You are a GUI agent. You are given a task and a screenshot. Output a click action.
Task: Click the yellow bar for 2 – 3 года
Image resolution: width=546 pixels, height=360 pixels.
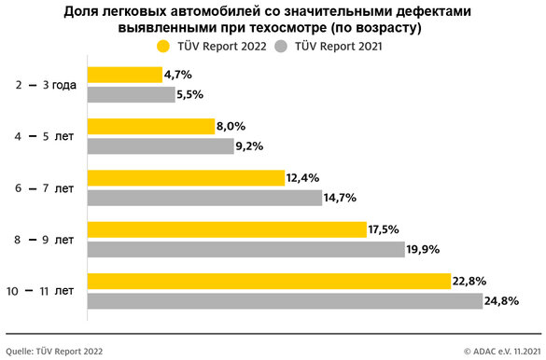pos(124,75)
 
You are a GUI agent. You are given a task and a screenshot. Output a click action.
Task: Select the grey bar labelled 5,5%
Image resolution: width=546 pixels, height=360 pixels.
pos(131,94)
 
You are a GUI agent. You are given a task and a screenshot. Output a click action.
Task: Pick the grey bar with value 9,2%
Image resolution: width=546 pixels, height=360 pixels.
pos(160,146)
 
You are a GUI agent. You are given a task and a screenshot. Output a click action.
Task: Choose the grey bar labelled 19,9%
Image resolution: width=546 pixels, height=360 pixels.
pos(245,249)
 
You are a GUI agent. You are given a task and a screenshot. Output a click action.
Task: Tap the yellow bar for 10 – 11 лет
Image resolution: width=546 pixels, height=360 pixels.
pos(269,281)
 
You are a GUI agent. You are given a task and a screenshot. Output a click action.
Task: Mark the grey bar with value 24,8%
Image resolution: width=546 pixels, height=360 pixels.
pos(285,300)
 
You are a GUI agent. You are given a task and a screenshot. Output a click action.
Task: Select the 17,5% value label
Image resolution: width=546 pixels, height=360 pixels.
pos(387,229)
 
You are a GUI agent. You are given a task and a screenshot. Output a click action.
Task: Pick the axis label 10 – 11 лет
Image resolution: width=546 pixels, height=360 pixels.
pos(43,291)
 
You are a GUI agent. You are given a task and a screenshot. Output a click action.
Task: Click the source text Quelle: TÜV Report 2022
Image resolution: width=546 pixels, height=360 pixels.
pos(55,352)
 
